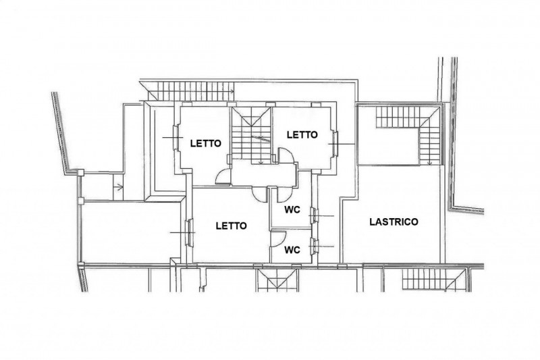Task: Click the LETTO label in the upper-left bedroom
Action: (206, 143)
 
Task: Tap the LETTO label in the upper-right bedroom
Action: (302, 134)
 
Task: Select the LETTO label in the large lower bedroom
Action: (231, 226)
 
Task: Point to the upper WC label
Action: (292, 209)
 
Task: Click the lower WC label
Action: (292, 250)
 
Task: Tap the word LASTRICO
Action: (394, 222)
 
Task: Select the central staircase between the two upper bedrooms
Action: (251, 134)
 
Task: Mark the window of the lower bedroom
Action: (189, 233)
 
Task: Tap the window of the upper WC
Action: (314, 216)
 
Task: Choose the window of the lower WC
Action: (314, 247)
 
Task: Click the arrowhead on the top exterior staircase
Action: (232, 92)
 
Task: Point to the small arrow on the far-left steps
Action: (119, 187)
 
